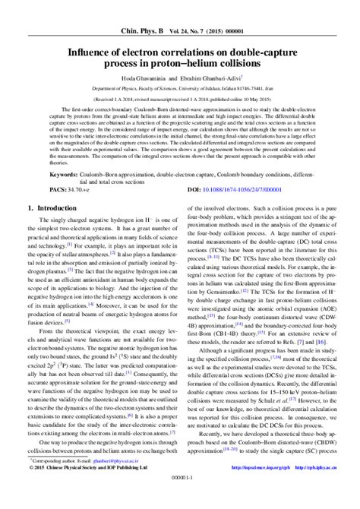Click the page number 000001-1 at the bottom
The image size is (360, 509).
[x=180, y=501]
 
